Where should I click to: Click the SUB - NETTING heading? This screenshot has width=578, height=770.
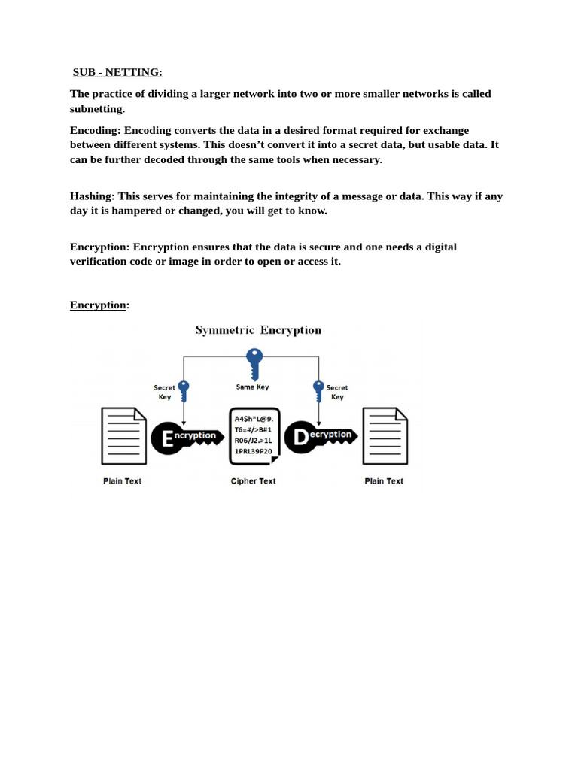[x=117, y=72]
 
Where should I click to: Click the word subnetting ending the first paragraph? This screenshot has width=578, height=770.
[x=97, y=109]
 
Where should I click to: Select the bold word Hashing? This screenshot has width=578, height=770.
[x=92, y=196]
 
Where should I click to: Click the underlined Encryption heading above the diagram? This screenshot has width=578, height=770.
[x=98, y=305]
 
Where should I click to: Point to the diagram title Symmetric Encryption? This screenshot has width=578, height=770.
[x=258, y=330]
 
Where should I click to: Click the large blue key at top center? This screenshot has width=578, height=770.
[x=254, y=364]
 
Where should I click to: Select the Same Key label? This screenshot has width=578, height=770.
[x=252, y=387]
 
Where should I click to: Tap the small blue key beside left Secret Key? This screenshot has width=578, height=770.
[x=183, y=392]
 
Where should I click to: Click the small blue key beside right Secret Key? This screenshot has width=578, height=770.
[x=318, y=392]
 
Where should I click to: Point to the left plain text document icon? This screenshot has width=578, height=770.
[x=123, y=436]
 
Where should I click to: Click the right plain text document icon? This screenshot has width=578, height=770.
[x=385, y=436]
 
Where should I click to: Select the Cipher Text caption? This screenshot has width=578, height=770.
[x=253, y=481]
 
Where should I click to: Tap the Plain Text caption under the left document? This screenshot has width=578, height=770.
[x=122, y=481]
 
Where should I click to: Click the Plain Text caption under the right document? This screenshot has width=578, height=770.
[x=384, y=481]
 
